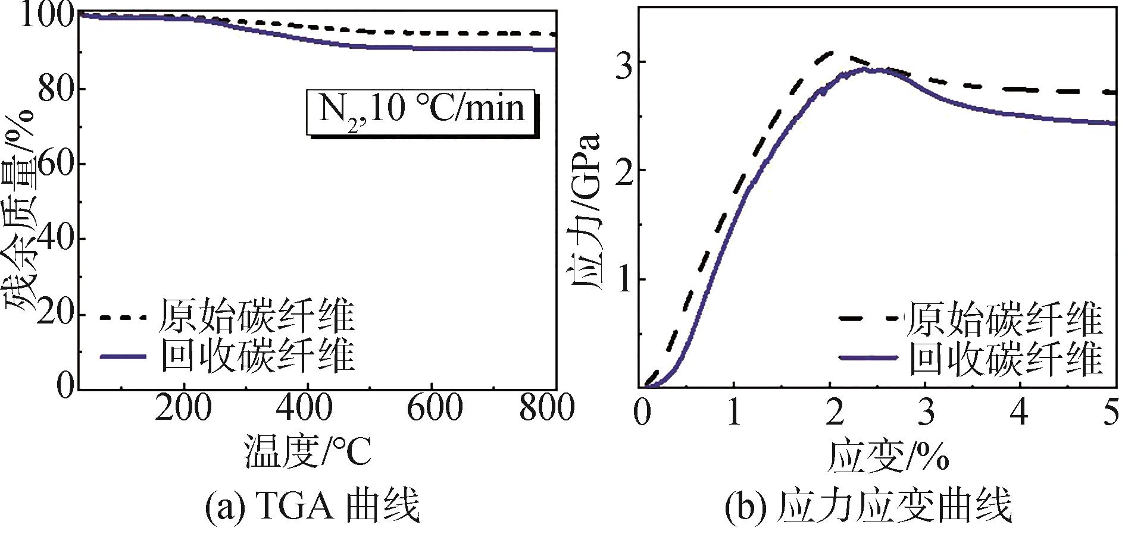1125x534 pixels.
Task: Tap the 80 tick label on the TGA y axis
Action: pos(54,89)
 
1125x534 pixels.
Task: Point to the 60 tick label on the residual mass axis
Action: pos(54,164)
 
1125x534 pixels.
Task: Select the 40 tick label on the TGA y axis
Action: pos(54,238)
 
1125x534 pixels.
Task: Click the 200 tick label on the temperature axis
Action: pos(184,410)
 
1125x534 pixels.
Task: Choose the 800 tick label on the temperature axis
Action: pos(546,410)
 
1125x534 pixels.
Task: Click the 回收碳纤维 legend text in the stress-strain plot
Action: pos(1006,358)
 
